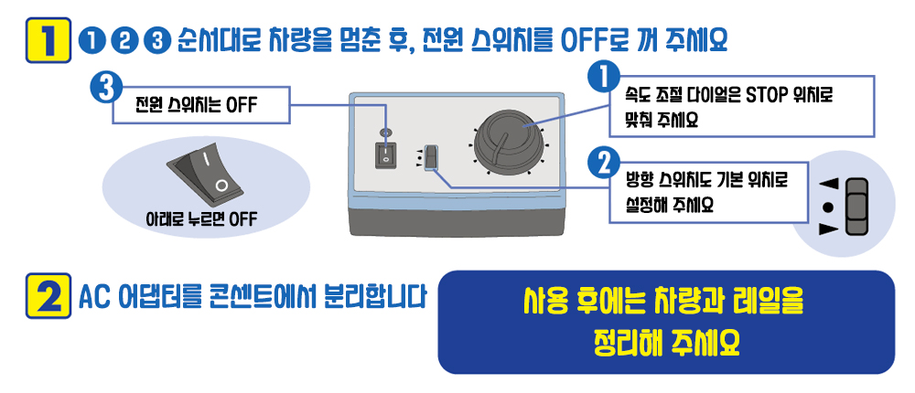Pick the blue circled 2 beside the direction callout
(603, 165)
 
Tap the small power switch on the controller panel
(386, 156)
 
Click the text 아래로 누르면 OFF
(200, 219)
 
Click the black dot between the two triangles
(828, 207)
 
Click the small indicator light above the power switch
(385, 133)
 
